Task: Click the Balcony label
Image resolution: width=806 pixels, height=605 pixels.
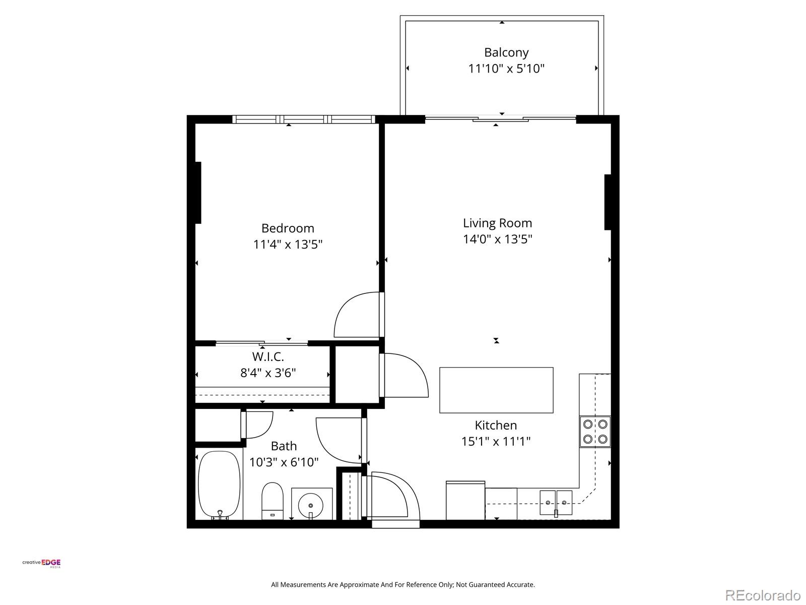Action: [x=506, y=52]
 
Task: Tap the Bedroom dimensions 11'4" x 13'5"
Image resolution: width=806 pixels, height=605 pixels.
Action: [x=288, y=245]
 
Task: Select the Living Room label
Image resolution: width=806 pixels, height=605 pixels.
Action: [x=497, y=223]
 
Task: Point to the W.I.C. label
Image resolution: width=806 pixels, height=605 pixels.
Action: [x=268, y=357]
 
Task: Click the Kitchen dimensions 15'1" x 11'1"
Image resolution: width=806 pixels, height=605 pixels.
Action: [x=496, y=442]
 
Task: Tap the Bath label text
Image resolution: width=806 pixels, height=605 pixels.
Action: [x=284, y=446]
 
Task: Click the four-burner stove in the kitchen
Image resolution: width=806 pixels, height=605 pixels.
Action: [x=595, y=432]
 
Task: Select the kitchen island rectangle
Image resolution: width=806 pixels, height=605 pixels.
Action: [x=496, y=390]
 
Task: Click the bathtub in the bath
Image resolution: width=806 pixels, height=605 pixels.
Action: [x=219, y=485]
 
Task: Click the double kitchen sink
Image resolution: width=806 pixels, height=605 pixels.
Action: [x=556, y=502]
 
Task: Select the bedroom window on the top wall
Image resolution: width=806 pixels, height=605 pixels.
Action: [x=304, y=119]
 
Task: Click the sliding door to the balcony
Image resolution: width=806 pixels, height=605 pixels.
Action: [x=501, y=119]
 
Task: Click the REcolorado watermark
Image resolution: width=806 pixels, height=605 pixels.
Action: [x=763, y=595]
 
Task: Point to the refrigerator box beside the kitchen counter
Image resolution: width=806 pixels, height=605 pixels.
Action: [x=465, y=501]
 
